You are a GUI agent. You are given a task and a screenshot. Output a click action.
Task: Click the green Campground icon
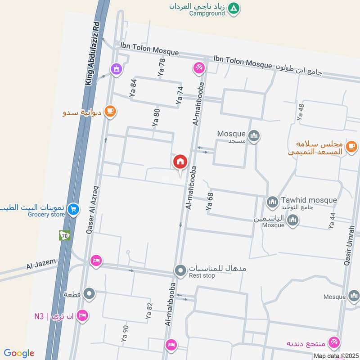[234, 8]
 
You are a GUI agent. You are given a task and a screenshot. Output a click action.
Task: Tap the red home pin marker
[180, 162]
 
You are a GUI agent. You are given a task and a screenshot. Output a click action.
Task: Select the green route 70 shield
[64, 235]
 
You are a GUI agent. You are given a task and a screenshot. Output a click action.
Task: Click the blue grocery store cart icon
[74, 209]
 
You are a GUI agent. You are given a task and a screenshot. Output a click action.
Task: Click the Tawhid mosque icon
[272, 202]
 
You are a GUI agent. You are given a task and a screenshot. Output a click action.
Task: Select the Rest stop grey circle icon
[180, 270]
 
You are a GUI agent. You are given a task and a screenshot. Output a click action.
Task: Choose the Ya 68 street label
[209, 202]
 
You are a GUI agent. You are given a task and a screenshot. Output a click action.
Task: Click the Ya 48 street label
[301, 112]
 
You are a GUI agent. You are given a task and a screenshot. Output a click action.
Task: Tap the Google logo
[19, 353]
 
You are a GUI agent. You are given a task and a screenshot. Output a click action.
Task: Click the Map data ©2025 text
[335, 355]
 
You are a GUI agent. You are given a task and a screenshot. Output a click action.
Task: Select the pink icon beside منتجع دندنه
[333, 342]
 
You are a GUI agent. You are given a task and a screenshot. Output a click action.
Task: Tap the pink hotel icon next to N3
[81, 315]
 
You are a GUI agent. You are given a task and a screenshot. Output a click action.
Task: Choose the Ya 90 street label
[125, 335]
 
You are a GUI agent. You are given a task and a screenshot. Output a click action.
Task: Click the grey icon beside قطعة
[90, 294]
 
